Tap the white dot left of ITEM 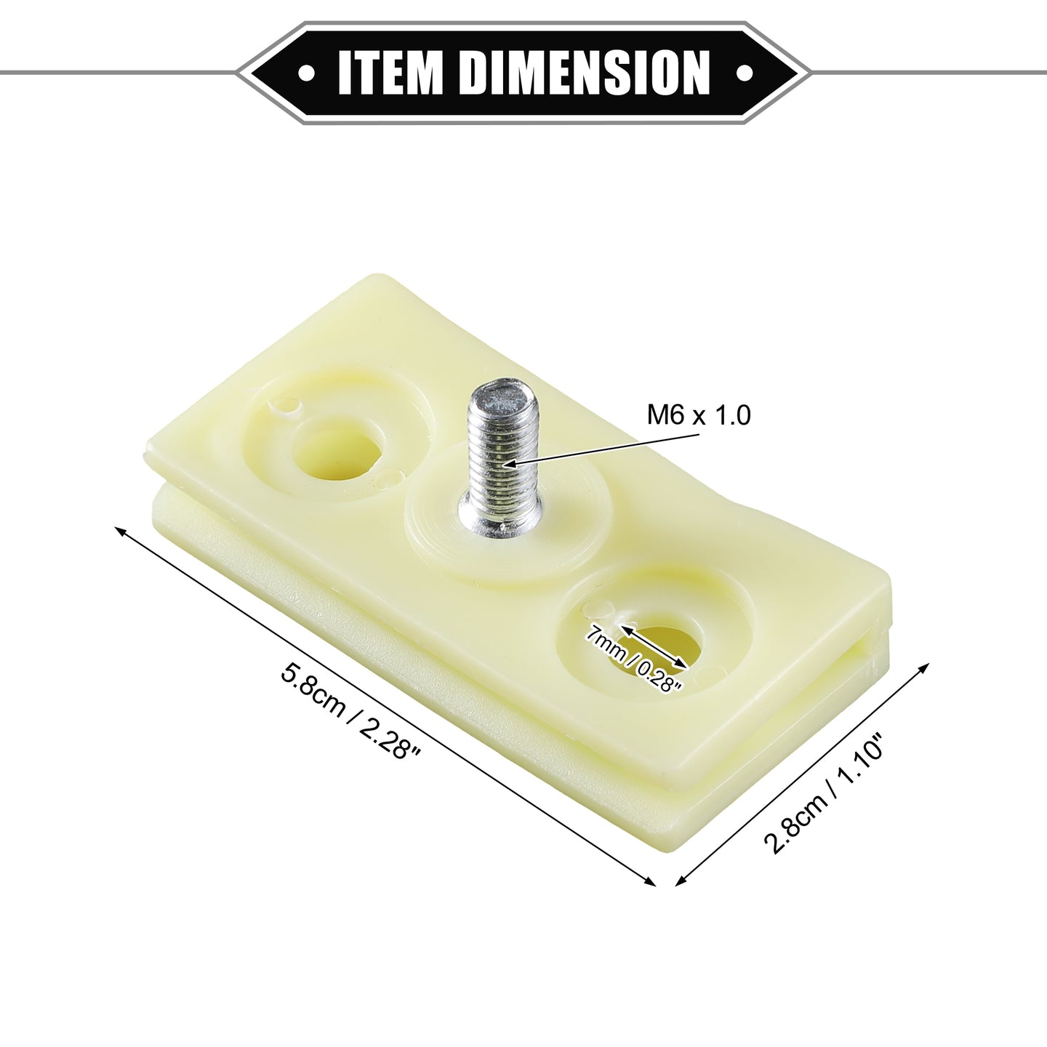click(308, 73)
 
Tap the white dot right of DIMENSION click(742, 73)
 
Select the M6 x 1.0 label click(698, 415)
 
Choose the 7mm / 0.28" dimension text click(633, 658)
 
